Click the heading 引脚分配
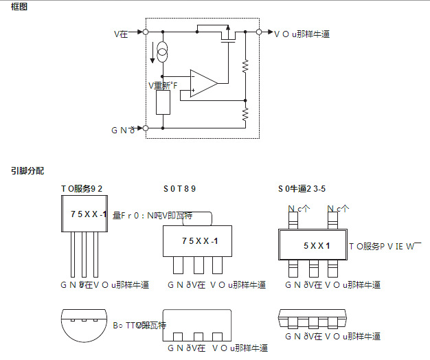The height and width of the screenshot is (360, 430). coord(27,170)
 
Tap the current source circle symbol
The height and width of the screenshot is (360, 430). coord(163,50)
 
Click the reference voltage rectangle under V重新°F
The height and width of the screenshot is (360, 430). coord(163,102)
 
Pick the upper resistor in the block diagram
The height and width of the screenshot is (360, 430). coord(245,67)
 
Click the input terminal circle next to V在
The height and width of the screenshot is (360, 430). coord(146,32)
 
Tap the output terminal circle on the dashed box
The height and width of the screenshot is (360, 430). coord(259,32)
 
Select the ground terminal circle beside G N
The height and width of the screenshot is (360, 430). coord(146,128)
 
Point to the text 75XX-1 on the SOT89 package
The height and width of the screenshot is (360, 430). coord(200,241)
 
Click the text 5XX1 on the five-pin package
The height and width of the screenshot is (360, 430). coord(317,245)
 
